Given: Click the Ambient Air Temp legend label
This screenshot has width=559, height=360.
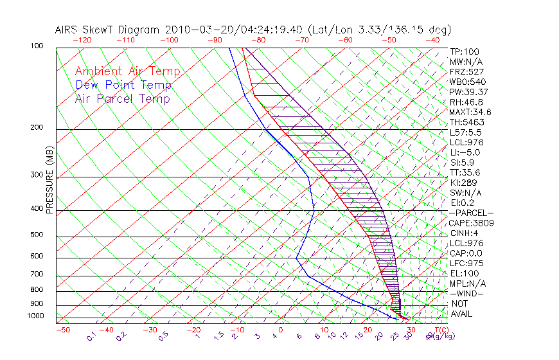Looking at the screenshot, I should click(127, 71).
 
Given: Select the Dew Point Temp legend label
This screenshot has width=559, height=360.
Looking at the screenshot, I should click(123, 85).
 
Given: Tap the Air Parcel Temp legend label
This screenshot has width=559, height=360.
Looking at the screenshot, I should click(122, 98).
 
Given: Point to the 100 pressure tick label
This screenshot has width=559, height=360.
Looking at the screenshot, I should click(37, 46).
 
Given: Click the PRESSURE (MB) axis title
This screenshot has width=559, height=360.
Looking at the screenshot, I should click(49, 179).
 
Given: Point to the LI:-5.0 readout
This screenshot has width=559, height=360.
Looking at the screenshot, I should click(465, 152).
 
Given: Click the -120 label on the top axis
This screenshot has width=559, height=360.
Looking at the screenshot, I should click(82, 39).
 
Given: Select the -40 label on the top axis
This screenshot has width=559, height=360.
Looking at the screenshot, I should click(433, 39).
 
